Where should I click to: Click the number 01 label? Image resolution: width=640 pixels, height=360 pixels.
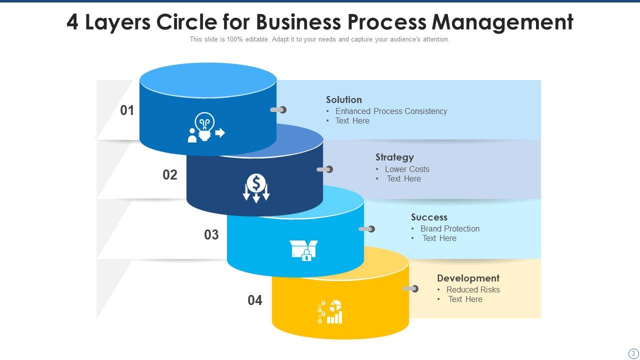coord(127,110)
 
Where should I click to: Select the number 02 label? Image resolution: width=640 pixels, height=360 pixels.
coord(170,174)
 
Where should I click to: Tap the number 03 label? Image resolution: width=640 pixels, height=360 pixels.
coord(211,234)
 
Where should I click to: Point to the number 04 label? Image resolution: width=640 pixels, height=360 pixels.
coord(255,300)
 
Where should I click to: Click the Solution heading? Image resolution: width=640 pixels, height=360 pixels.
coord(344,99)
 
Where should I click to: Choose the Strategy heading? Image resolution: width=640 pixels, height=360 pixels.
coord(394,157)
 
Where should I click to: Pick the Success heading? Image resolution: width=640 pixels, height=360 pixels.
coord(429,217)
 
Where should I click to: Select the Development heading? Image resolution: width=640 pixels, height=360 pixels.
coord(468,278)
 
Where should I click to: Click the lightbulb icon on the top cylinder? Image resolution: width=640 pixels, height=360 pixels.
coord(205,128)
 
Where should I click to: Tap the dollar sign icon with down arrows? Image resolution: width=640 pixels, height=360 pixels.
coord(256,188)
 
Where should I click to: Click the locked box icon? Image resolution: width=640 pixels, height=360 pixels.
coord(303,250)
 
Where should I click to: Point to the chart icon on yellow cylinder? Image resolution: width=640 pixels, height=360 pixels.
coord(330,312)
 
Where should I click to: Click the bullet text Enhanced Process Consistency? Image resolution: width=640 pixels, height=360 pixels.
coord(391,111)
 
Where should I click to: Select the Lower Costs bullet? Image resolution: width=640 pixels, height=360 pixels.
coord(407,169)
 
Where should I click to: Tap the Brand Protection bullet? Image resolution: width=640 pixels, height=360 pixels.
coord(450,228)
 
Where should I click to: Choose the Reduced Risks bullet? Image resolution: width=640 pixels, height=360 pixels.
coord(473,289)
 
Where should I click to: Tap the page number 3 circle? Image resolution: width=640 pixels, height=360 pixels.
coord(633,353)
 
